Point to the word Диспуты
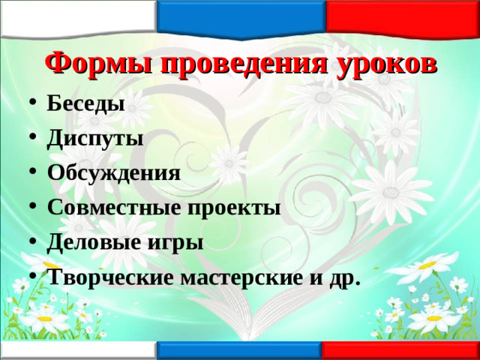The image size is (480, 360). tap(94, 138)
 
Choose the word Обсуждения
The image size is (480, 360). tap(113, 173)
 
